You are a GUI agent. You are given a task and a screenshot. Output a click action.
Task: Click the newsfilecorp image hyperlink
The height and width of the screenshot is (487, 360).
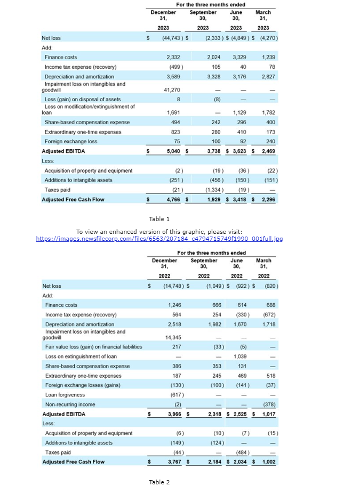point(159,238)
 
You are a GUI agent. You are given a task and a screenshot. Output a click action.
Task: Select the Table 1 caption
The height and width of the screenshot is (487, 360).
point(159,219)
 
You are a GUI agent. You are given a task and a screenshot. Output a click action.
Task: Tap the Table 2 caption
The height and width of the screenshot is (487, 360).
point(159,482)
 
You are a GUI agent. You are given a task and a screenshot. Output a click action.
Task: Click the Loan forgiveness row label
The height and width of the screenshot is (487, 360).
point(65,395)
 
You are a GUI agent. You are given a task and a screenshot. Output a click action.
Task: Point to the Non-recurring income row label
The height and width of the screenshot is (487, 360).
point(70,404)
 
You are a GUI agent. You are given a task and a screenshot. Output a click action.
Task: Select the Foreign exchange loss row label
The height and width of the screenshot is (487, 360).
point(71,142)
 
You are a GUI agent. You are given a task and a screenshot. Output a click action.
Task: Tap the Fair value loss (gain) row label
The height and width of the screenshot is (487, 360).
point(93,347)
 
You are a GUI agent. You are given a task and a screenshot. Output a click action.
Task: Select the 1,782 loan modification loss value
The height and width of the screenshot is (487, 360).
point(269,113)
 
